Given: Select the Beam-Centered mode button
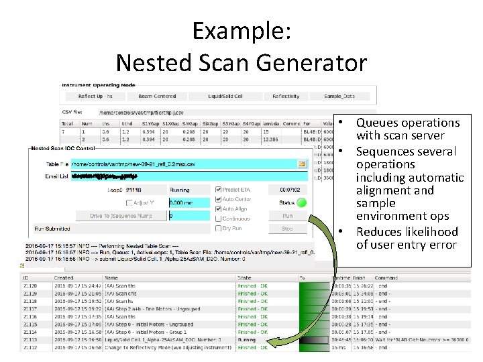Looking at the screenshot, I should pyautogui.click(x=157, y=96).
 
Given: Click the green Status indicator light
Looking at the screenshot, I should pyautogui.click(x=302, y=202).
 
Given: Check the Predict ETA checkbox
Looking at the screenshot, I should pyautogui.click(x=217, y=190).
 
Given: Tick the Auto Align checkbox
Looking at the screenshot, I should pyautogui.click(x=217, y=208).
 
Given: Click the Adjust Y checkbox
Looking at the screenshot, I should pyautogui.click(x=129, y=202).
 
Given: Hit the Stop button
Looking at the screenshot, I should pyautogui.click(x=287, y=229).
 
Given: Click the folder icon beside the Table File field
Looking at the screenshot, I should pyautogui.click(x=302, y=164).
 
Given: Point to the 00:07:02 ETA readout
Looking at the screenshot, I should pyautogui.click(x=289, y=190).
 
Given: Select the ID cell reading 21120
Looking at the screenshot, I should pyautogui.click(x=30, y=284).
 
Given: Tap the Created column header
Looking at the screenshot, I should pyautogui.click(x=64, y=277).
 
